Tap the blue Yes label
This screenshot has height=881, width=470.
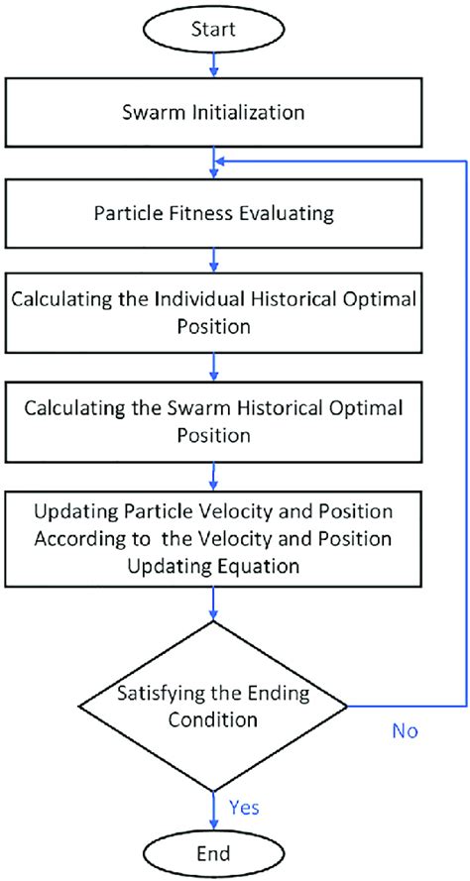point(243,807)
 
